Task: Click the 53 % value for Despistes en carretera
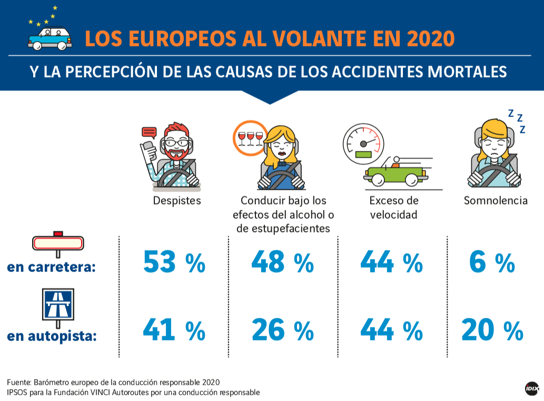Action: click(174, 262)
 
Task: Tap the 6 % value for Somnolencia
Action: click(491, 262)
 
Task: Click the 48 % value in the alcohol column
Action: click(283, 262)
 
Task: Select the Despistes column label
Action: click(177, 201)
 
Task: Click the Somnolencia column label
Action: click(496, 201)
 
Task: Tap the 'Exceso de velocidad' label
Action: click(393, 208)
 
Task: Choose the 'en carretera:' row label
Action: click(51, 267)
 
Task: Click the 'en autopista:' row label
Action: click(52, 335)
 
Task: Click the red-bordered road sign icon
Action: click(58, 242)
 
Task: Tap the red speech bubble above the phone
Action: click(150, 132)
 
